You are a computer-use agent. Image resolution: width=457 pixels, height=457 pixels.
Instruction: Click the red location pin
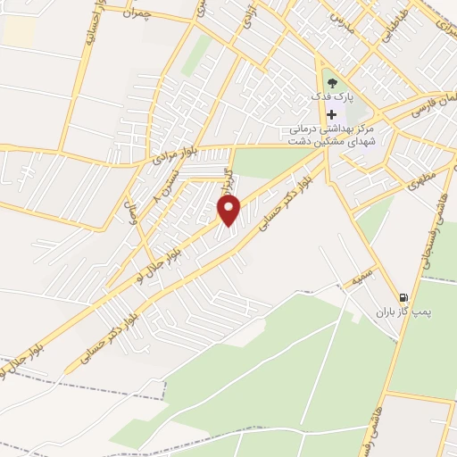tap(229, 211)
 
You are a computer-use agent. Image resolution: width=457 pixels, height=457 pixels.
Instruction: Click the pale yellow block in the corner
tap(19, 31)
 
